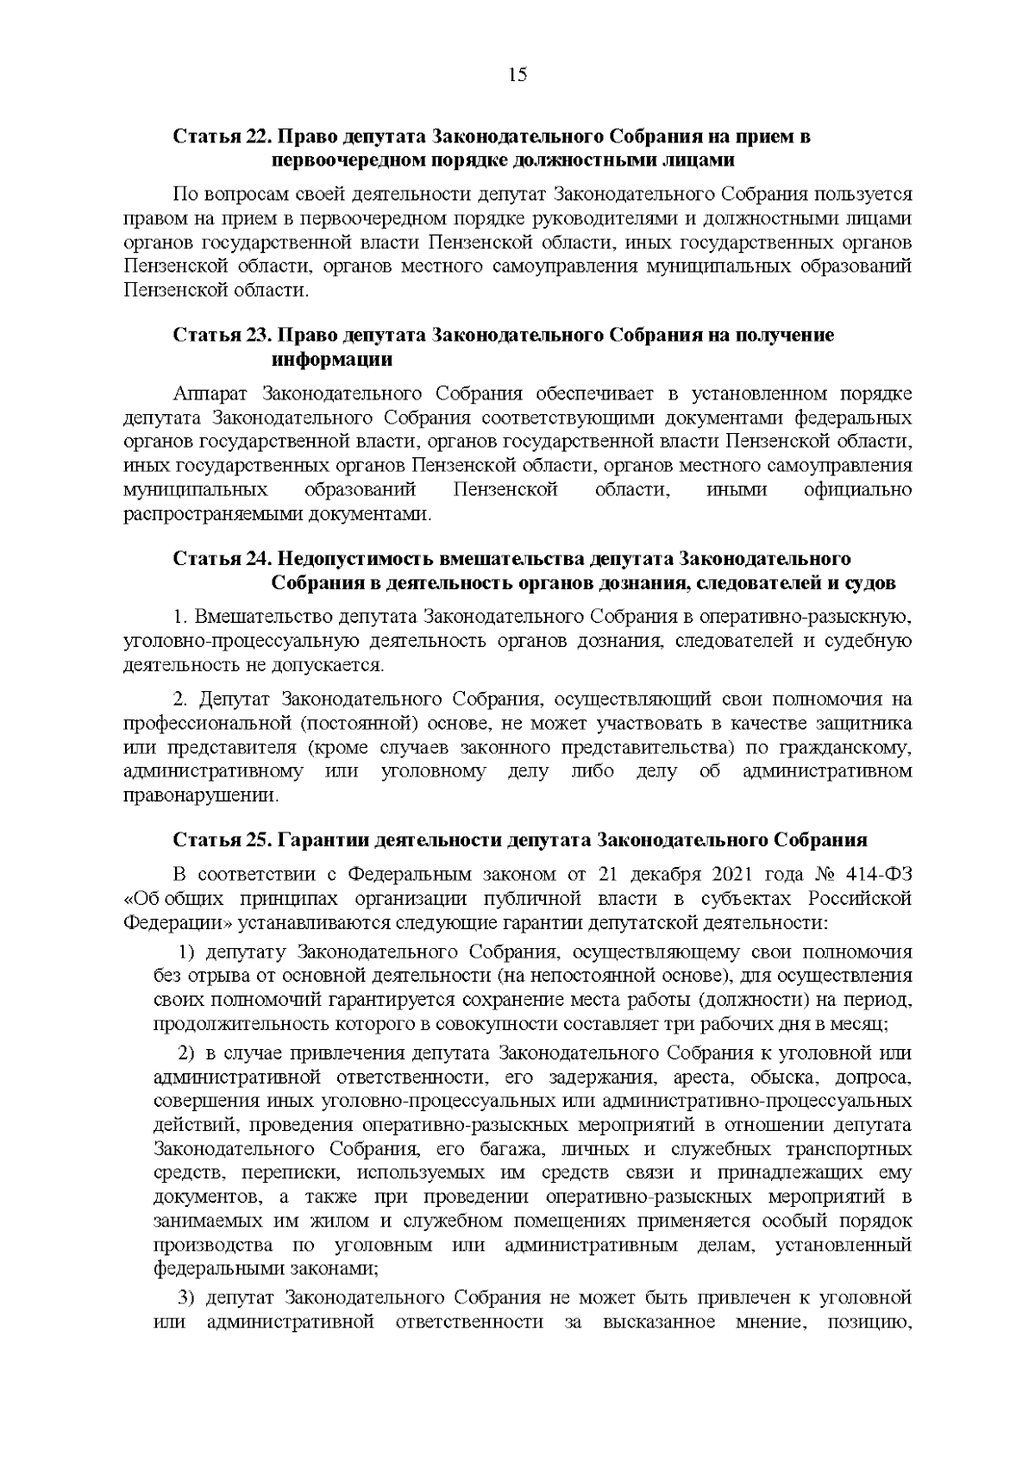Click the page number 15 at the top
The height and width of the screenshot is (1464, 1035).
click(x=517, y=75)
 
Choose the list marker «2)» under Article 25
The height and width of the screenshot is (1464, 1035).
click(x=187, y=1053)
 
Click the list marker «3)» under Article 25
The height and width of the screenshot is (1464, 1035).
click(x=187, y=1298)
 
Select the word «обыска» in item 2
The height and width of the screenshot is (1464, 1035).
click(x=780, y=1078)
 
